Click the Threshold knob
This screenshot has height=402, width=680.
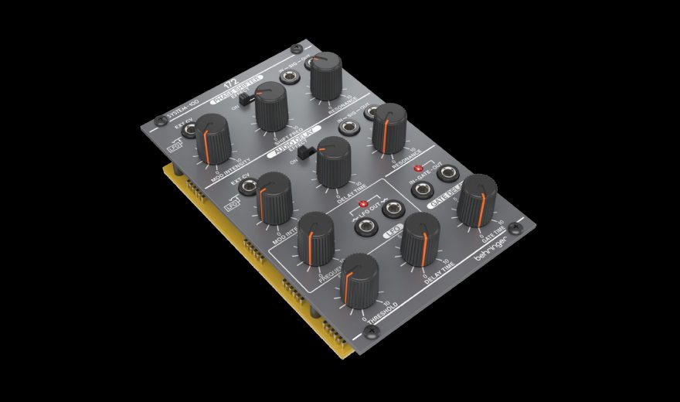359,279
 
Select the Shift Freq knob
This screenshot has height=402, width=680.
270,107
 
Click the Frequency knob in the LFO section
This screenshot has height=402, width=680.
316,236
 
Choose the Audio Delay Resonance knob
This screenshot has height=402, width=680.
389,128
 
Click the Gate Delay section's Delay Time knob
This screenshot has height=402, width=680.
420,237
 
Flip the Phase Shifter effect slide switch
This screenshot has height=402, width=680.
242,100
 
